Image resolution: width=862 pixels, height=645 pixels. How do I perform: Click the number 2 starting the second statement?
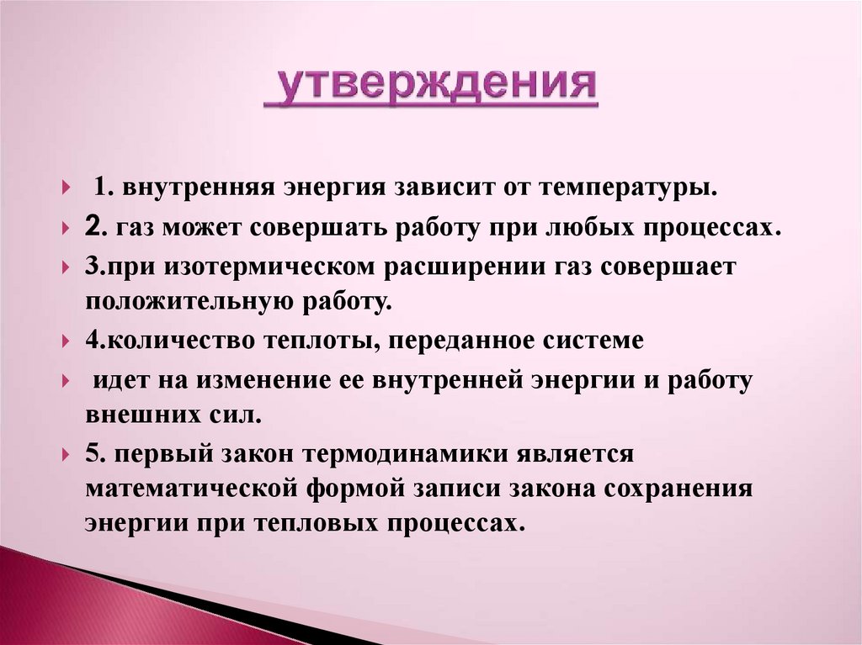point(93,227)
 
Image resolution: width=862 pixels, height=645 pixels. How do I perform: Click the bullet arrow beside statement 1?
point(67,188)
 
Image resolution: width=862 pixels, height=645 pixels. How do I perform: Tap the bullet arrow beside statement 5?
point(67,455)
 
